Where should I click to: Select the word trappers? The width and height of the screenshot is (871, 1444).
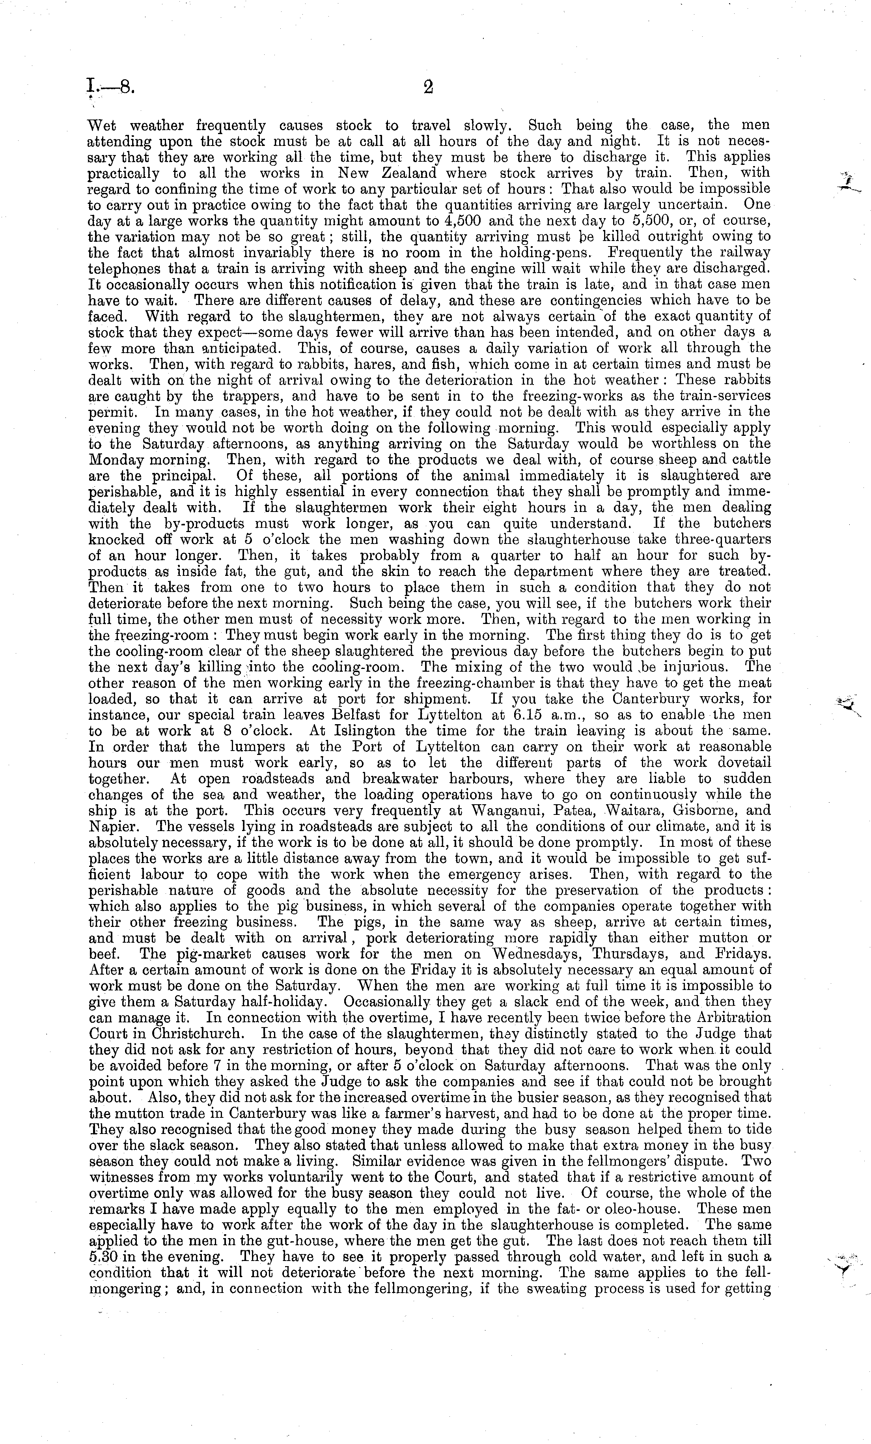tap(211, 396)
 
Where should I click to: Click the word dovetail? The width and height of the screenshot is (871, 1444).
tap(740, 763)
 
